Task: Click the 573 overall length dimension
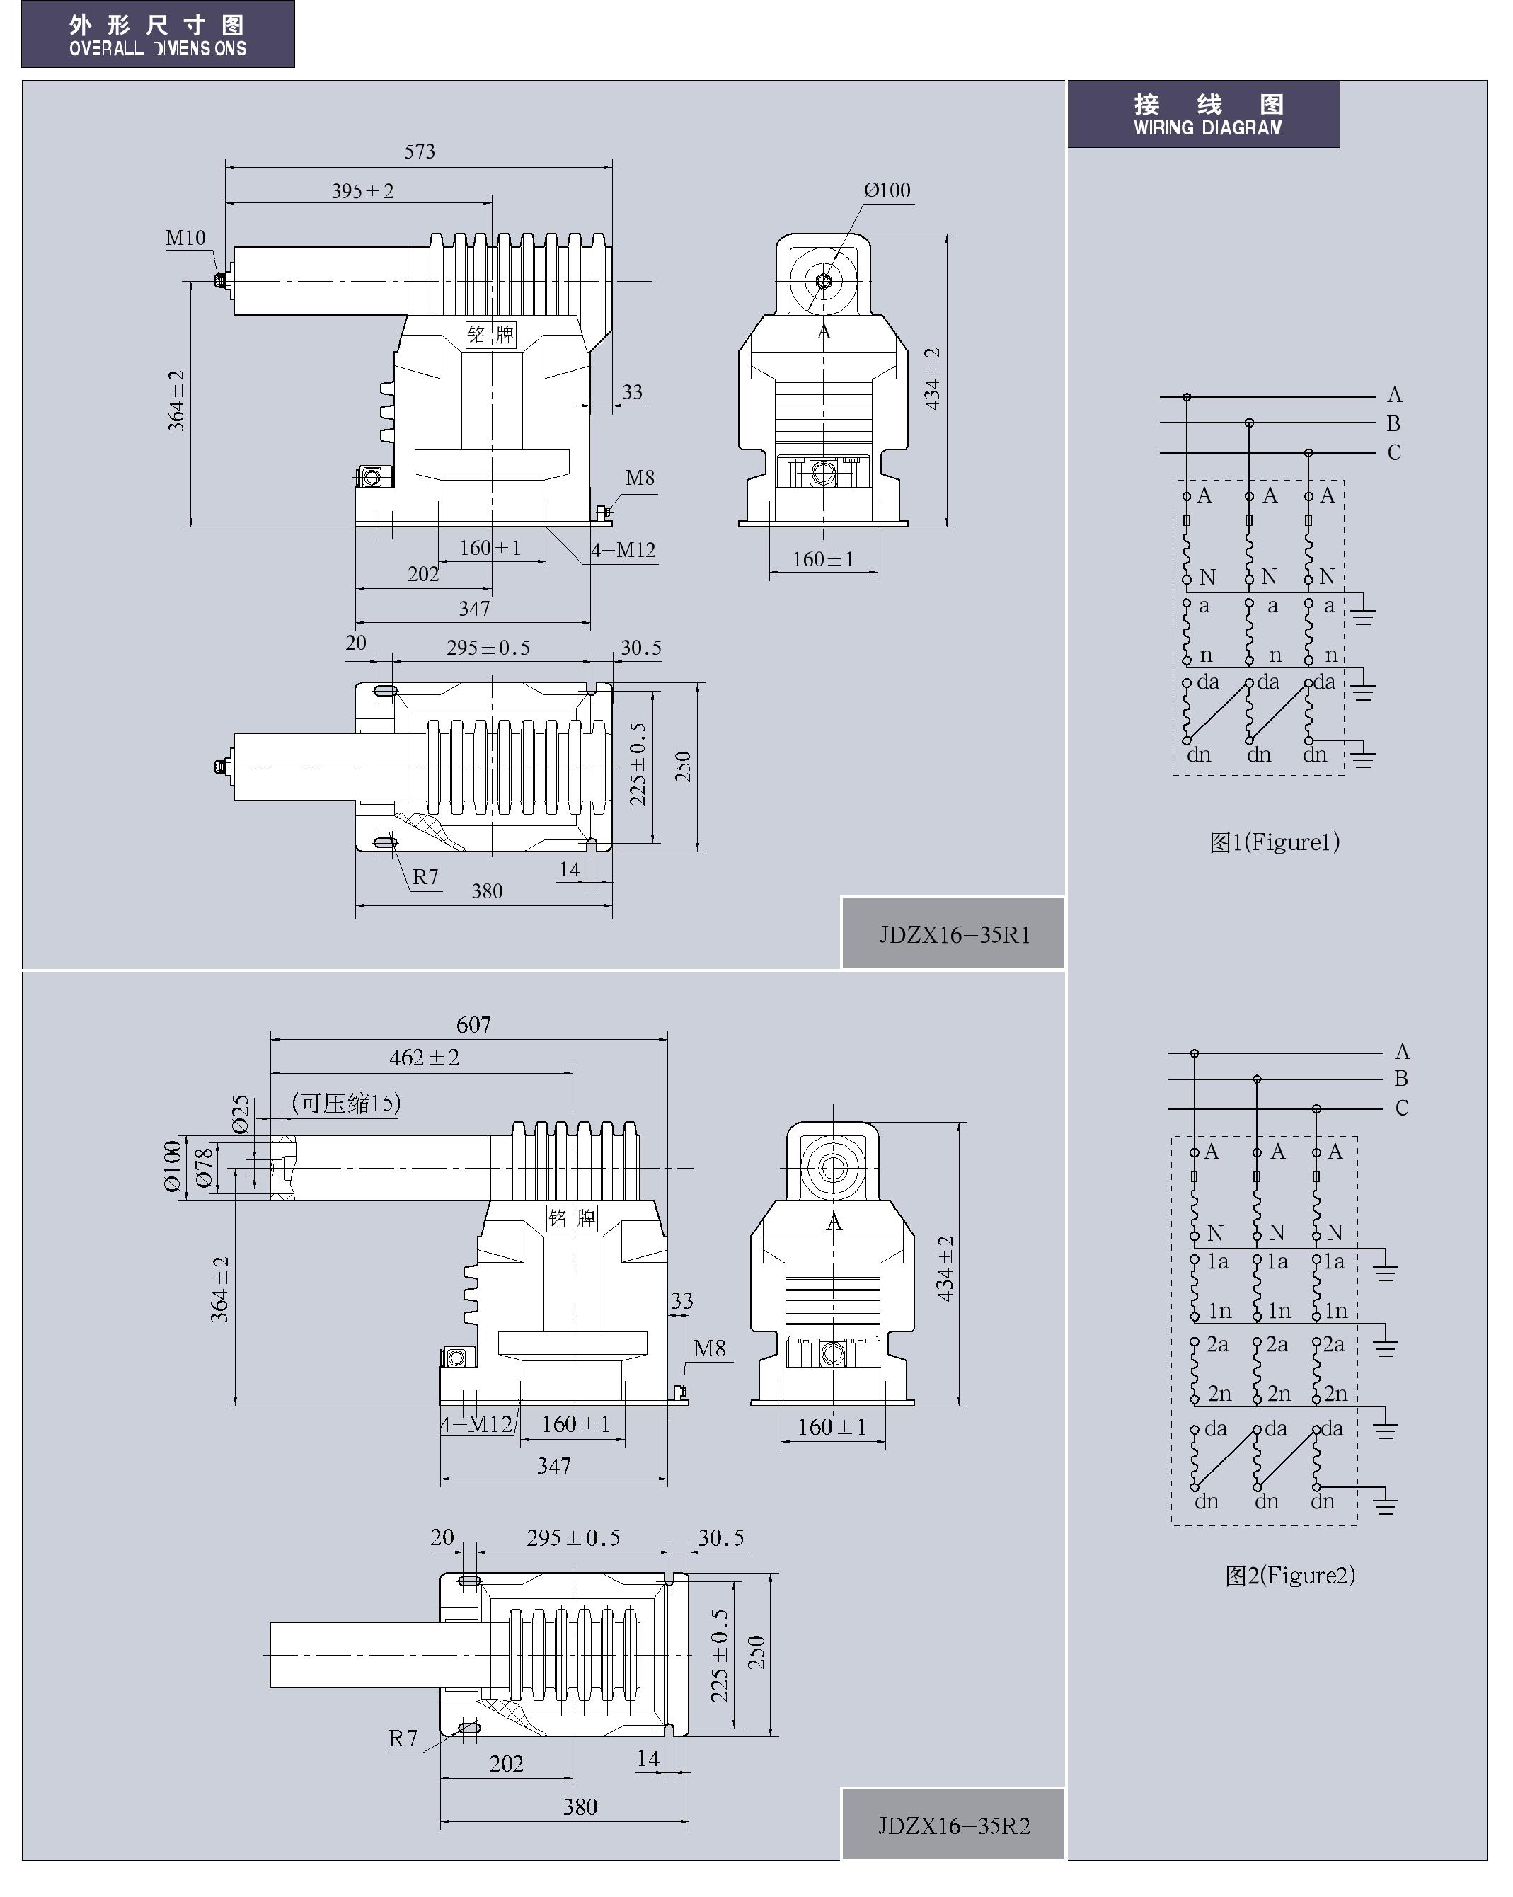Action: click(420, 151)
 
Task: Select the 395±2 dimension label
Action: click(362, 191)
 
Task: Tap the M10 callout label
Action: click(185, 238)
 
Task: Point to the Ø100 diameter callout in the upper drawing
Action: click(887, 190)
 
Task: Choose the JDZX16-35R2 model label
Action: click(953, 1826)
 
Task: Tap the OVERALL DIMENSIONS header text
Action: click(158, 48)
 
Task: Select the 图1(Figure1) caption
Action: click(1274, 842)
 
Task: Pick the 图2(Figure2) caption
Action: click(1289, 1575)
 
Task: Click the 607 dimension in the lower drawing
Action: click(473, 1024)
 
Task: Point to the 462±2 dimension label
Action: click(424, 1057)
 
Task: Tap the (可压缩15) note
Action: click(347, 1103)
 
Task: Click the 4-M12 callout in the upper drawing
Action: click(623, 550)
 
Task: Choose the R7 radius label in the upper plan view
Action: click(426, 876)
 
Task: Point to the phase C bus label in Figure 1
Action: click(1393, 452)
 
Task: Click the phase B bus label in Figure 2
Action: click(1401, 1078)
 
